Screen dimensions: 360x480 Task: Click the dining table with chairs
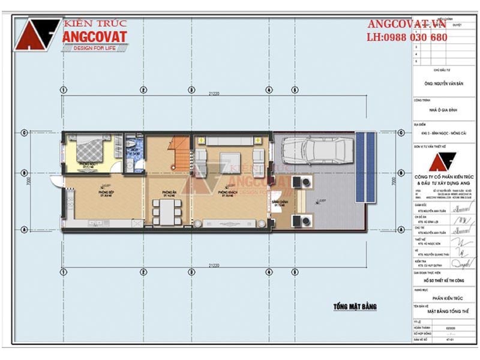[x=165, y=210]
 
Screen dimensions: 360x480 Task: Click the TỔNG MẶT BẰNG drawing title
[x=355, y=307]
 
